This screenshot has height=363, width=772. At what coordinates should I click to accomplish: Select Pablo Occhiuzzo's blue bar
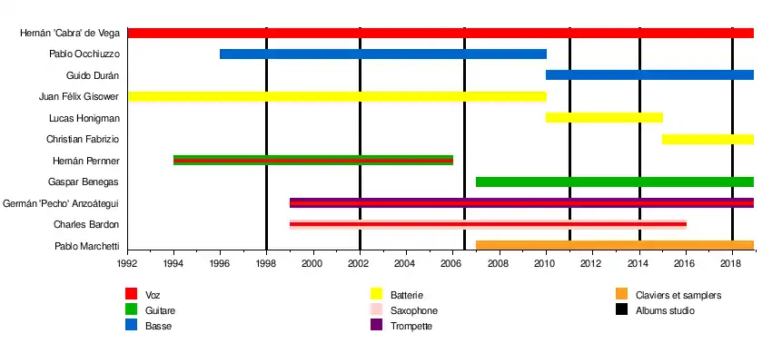click(x=382, y=54)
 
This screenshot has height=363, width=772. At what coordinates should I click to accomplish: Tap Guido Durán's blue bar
click(x=649, y=75)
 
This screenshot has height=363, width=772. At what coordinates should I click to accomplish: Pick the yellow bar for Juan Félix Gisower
click(x=337, y=96)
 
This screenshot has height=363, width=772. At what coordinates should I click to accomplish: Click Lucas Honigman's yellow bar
click(x=604, y=118)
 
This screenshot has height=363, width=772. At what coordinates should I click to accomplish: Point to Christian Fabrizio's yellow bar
click(x=708, y=139)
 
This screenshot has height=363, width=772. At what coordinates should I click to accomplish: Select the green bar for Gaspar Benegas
click(x=614, y=181)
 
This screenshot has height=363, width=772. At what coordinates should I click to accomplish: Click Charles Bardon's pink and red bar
click(x=488, y=224)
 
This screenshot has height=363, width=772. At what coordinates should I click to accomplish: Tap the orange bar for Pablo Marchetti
click(x=614, y=245)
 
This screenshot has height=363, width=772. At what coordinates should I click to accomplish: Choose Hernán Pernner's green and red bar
click(x=312, y=161)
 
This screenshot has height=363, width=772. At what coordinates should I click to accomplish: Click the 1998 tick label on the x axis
click(x=266, y=264)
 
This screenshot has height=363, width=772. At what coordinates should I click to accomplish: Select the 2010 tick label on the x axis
click(x=546, y=264)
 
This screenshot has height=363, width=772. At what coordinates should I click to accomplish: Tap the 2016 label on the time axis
click(x=686, y=264)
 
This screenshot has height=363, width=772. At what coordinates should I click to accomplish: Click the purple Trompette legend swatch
click(x=376, y=326)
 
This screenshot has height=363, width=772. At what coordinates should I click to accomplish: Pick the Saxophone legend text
click(x=413, y=310)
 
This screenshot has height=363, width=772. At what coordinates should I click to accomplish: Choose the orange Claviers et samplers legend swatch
click(x=621, y=295)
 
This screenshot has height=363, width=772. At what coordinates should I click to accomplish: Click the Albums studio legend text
click(x=665, y=310)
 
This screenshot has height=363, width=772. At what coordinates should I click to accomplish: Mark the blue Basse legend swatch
click(x=131, y=326)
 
